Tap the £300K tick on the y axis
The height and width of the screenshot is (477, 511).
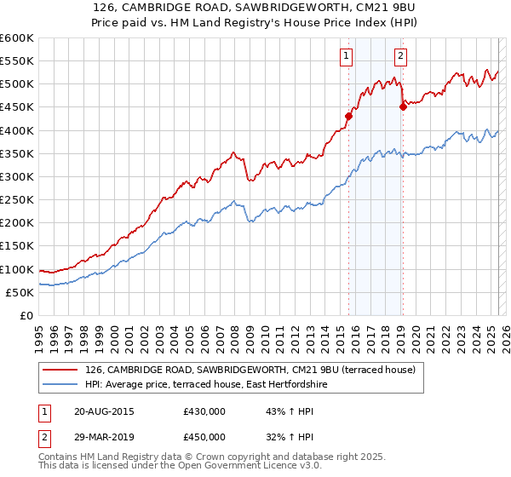tap(17, 176)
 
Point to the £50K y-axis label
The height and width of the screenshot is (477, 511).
tap(20, 292)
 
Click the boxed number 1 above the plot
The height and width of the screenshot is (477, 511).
tap(347, 57)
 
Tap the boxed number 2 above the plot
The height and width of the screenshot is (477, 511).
tap(400, 57)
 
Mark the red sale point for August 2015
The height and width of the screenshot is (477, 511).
tap(349, 116)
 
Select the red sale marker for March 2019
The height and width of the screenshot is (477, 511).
tap(403, 106)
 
